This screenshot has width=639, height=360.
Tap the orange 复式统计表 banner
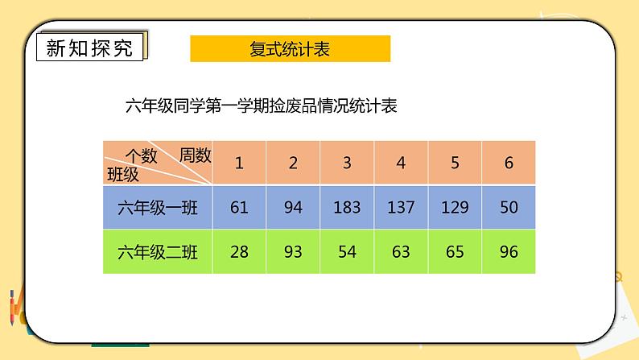click(x=290, y=49)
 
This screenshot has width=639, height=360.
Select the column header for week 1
click(x=239, y=163)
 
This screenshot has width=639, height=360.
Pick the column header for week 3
click(x=347, y=163)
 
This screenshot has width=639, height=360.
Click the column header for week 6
click(x=509, y=163)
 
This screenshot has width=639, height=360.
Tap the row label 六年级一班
click(x=157, y=208)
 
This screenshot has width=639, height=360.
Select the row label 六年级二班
click(x=157, y=252)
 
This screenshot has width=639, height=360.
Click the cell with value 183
click(x=347, y=208)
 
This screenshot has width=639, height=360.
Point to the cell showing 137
click(x=401, y=208)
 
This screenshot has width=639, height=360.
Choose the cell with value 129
click(x=455, y=208)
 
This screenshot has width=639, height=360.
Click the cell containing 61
click(x=239, y=208)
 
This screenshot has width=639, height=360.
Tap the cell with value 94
click(x=293, y=208)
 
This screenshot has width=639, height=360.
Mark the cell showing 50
click(x=509, y=208)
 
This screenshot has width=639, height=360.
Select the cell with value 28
click(x=239, y=252)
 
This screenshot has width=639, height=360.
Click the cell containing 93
click(x=293, y=252)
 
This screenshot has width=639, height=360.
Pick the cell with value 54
click(x=347, y=252)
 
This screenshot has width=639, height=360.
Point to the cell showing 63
click(x=401, y=252)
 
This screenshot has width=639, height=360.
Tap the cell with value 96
click(x=509, y=252)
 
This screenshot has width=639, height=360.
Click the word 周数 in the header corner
click(x=195, y=155)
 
